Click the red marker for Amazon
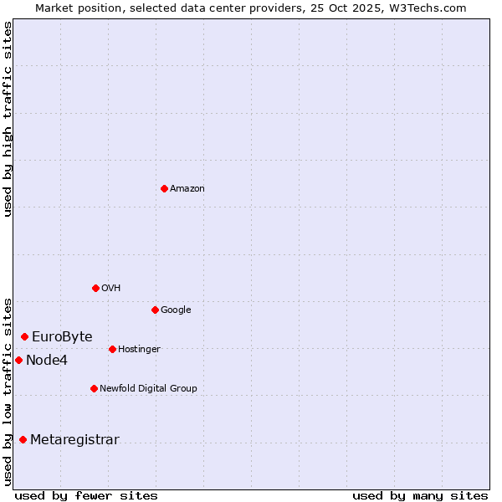coord(164,188)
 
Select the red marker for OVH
coord(95,288)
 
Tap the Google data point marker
coord(155,310)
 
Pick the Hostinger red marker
coord(112,349)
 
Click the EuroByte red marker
coord(24,336)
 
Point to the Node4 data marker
coord(18,360)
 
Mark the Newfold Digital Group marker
coord(94,388)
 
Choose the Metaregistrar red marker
coord(23,439)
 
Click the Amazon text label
coord(187,189)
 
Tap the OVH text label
coord(111,289)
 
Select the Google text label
coord(176,310)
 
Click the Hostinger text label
coord(139,350)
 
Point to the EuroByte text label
coord(62,337)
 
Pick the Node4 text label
coord(46,361)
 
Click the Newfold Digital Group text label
coord(148,389)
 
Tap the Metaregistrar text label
coord(74,440)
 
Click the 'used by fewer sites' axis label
coord(86,495)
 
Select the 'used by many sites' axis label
coord(420,495)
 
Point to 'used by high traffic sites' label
coord(8,119)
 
